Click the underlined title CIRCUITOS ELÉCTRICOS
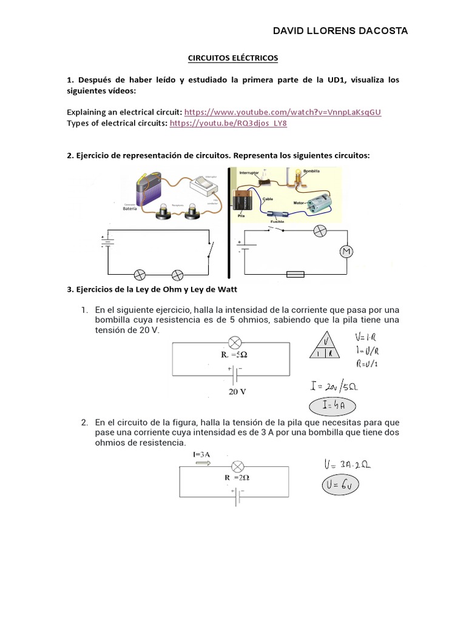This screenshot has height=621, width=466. pyautogui.click(x=231, y=58)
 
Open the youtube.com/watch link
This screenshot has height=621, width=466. pyautogui.click(x=283, y=112)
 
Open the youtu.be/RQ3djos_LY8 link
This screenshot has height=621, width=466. pyautogui.click(x=228, y=123)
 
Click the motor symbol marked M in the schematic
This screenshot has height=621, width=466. pyautogui.click(x=345, y=252)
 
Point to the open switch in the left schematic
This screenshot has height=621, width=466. pyautogui.click(x=209, y=249)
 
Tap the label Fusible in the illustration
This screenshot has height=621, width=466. pyautogui.click(x=277, y=222)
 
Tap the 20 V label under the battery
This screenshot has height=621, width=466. pyautogui.click(x=237, y=392)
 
